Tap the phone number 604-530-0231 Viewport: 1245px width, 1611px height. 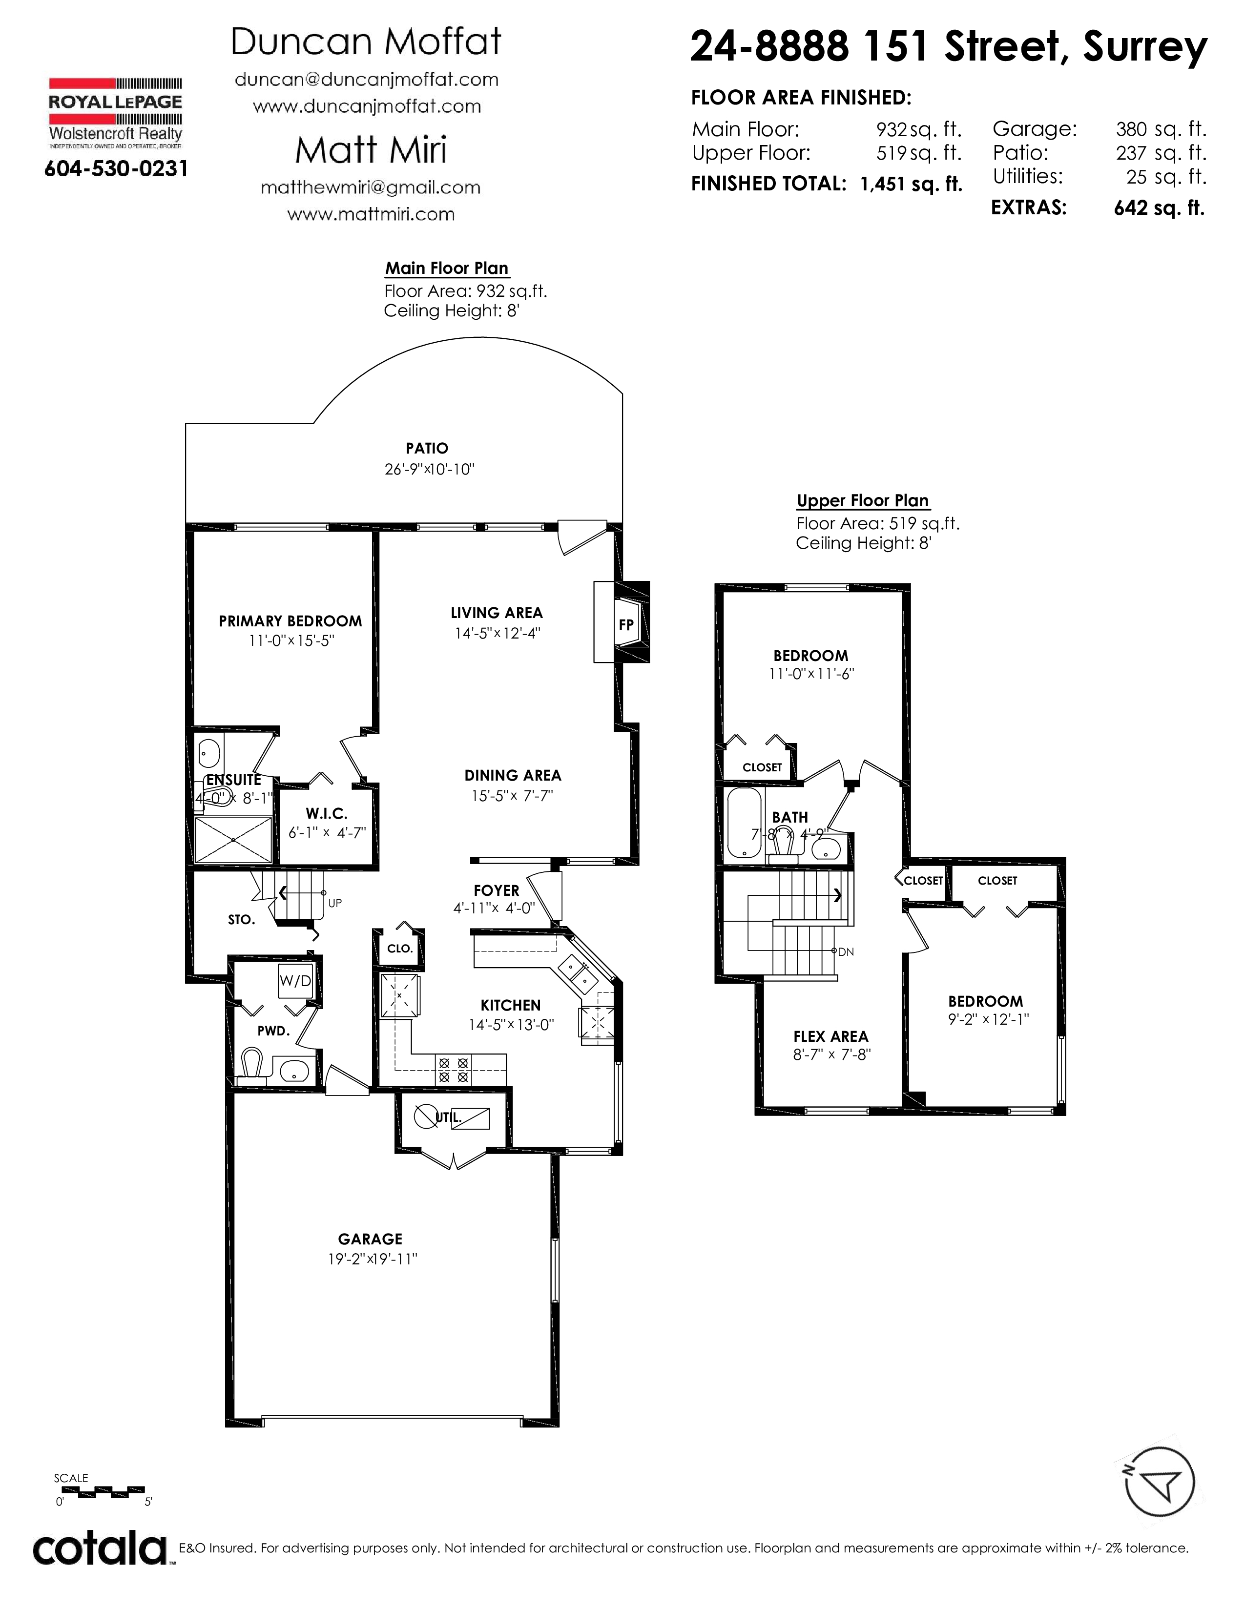click(x=116, y=169)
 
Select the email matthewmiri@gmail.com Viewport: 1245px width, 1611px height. click(x=370, y=187)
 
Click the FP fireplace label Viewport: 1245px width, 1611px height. click(x=626, y=625)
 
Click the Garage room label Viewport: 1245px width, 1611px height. click(x=370, y=1239)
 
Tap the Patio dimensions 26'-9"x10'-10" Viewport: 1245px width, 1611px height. click(x=429, y=469)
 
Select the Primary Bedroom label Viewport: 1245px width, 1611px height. click(x=290, y=621)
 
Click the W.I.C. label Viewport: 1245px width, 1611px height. click(x=327, y=814)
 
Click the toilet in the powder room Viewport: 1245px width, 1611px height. click(x=251, y=1067)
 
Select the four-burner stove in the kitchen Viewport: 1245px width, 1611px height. click(x=454, y=1070)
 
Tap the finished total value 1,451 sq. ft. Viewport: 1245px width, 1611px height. click(x=911, y=185)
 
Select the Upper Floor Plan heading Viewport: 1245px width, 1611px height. click(x=862, y=501)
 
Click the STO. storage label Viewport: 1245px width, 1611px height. click(x=241, y=920)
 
